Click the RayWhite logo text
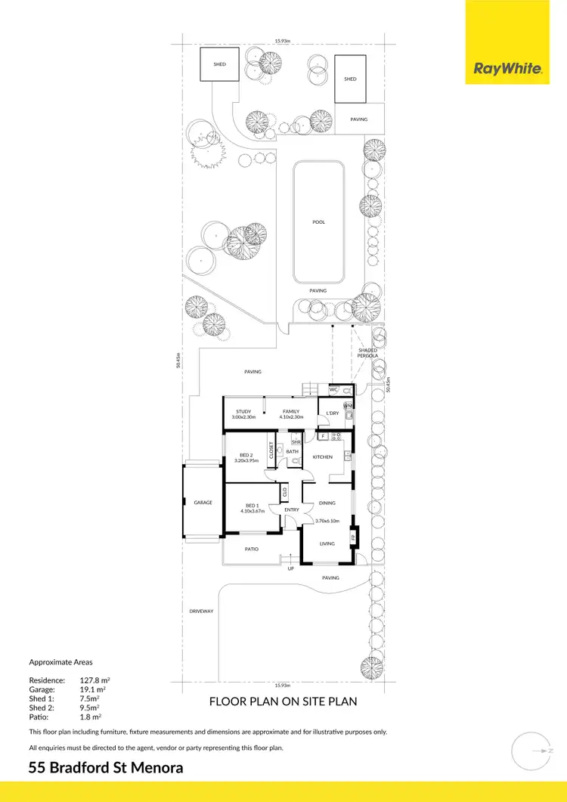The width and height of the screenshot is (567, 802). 507,70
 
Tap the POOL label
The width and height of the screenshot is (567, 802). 318,222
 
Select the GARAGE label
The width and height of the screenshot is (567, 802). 203,502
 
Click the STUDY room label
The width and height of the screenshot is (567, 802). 243,412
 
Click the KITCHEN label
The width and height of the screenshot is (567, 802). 324,457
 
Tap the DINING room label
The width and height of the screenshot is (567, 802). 327,503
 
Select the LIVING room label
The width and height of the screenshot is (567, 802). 327,543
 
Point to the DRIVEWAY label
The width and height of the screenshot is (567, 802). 202,611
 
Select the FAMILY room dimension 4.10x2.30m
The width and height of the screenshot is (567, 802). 291,417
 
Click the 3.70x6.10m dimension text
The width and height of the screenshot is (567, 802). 329,521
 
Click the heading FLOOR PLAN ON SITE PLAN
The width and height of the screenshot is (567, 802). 283,701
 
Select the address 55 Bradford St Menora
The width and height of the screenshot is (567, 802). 105,768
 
